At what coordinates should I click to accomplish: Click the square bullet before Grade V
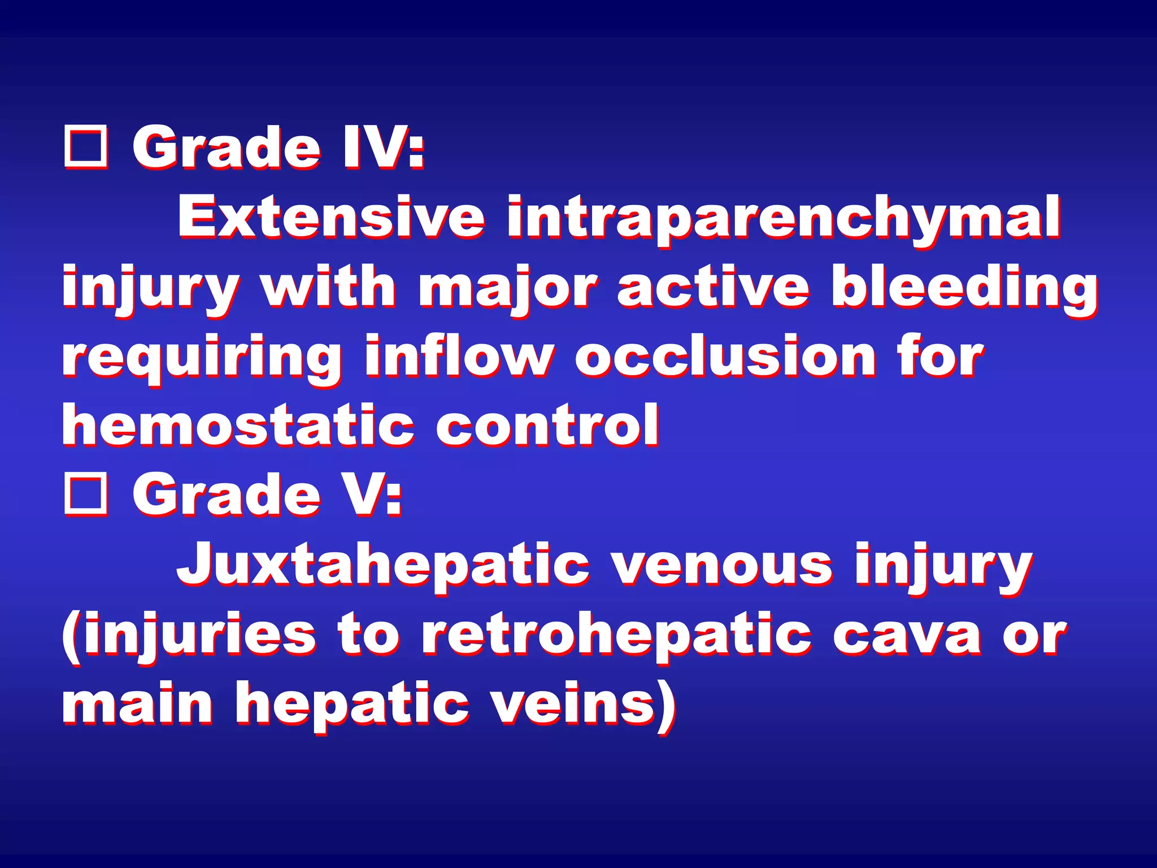pos(86,496)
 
